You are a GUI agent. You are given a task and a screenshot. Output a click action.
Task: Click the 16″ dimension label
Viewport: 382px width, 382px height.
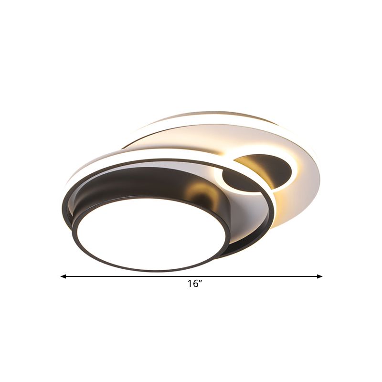click(195, 284)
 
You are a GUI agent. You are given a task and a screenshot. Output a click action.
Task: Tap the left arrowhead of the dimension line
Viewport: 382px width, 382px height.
click(63, 276)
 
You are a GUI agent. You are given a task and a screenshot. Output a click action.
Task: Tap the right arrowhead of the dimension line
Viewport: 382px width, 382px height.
click(320, 276)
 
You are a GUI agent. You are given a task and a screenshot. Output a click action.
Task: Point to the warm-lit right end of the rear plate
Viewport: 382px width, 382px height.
click(306, 191)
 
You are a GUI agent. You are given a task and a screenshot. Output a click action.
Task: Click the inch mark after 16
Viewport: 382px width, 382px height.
click(201, 282)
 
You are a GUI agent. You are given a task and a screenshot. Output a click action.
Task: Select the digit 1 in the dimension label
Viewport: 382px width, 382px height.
click(190, 284)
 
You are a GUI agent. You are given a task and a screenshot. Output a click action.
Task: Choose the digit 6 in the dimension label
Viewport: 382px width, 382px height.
click(195, 284)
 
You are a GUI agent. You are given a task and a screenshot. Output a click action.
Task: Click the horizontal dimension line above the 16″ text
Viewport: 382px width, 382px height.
click(191, 276)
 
